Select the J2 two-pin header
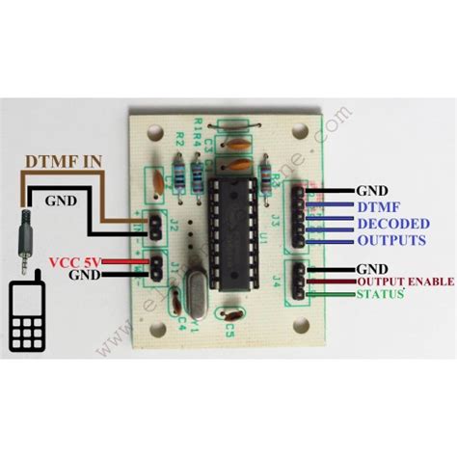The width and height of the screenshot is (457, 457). (151, 228)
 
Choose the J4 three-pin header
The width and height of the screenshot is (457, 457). (301, 280)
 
